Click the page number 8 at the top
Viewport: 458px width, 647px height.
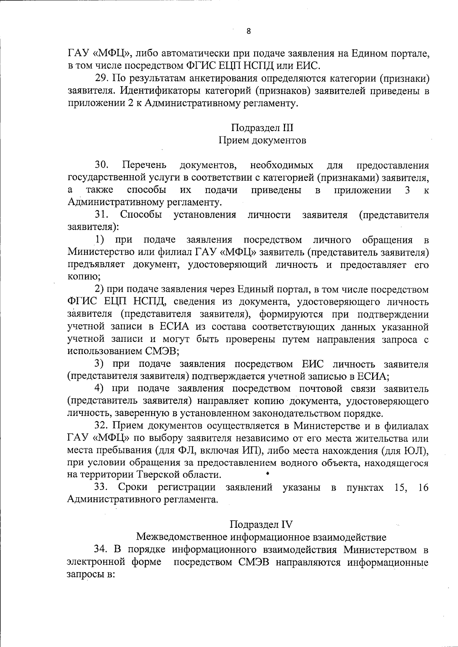248,32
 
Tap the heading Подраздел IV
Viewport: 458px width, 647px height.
261,524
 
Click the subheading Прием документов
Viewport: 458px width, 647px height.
262,140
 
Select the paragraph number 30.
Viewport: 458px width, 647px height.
102,165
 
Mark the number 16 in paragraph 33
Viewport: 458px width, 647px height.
423,488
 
